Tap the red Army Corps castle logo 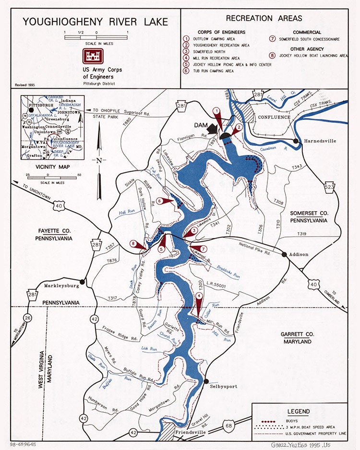pyautogui.click(x=93, y=56)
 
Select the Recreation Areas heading pyautogui.click(x=264, y=18)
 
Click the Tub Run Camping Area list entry pyautogui.click(x=214, y=71)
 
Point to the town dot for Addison pyautogui.click(x=284, y=254)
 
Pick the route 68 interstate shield pyautogui.click(x=228, y=424)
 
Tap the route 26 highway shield pyautogui.click(x=27, y=318)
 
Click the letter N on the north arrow pyautogui.click(x=99, y=161)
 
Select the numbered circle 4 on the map pyautogui.click(x=199, y=296)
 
